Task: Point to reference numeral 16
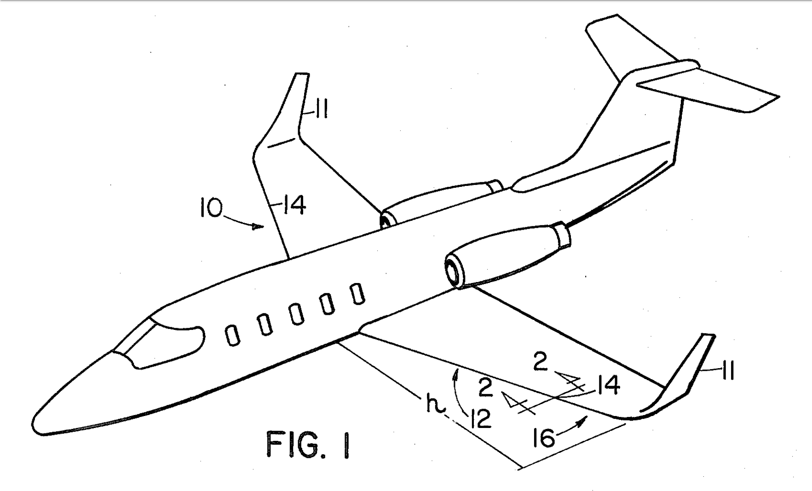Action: click(544, 437)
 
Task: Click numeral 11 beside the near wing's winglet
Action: click(726, 371)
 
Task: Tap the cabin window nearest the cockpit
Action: click(233, 336)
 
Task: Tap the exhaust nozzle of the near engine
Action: click(562, 234)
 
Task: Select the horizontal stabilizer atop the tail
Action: click(708, 87)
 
